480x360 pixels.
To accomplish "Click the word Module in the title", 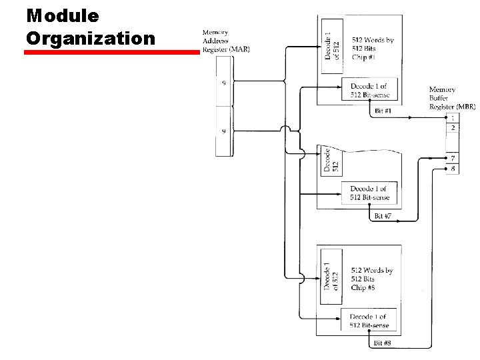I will (x=63, y=15).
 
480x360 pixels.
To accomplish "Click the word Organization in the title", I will (x=90, y=37).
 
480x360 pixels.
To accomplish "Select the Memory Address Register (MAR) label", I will (x=226, y=41).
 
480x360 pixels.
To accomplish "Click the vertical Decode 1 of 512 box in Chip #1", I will (x=332, y=39).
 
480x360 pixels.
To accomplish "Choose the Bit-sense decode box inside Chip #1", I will (x=369, y=91).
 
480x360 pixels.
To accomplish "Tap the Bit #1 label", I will (x=383, y=110).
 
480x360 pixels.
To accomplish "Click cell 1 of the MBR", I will (x=453, y=118).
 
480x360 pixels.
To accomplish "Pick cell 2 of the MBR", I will (x=453, y=127).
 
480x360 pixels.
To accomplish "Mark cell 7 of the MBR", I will (x=453, y=158).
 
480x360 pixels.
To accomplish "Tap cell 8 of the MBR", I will (x=453, y=168).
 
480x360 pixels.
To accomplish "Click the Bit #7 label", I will (x=382, y=216).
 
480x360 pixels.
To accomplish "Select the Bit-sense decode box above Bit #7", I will (x=369, y=193).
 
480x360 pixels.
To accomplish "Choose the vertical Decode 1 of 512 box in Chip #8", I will (x=331, y=276).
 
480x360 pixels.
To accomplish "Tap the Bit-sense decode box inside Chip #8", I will (x=369, y=321).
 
